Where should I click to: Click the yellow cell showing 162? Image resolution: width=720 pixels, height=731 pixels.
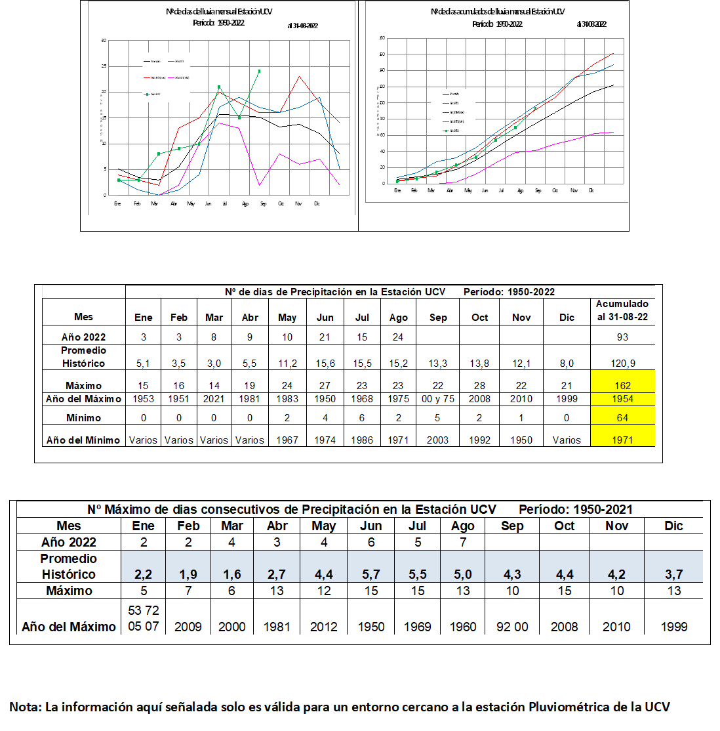[x=622, y=385]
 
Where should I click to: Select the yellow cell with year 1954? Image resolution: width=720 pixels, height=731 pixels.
[x=622, y=399]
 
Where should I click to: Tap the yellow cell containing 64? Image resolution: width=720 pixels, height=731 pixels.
[x=622, y=417]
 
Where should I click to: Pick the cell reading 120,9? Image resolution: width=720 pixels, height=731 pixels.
[x=622, y=364]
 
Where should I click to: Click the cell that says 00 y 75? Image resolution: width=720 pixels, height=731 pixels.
[x=437, y=399]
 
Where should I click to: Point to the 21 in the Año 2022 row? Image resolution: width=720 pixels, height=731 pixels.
[x=325, y=337]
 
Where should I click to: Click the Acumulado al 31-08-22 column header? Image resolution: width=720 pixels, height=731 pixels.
[x=622, y=310]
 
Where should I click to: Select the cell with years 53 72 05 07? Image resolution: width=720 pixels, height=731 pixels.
[x=144, y=618]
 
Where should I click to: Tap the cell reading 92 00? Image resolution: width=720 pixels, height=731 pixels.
[x=512, y=627]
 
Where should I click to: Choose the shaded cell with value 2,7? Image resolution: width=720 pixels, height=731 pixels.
[x=277, y=574]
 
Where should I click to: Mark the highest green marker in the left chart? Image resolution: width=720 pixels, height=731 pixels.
[x=260, y=71]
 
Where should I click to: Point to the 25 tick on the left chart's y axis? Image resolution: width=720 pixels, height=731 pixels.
[x=104, y=66]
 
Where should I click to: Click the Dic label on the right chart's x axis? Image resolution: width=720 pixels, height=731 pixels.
[x=591, y=190]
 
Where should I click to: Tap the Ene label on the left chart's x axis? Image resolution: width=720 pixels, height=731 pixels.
[x=118, y=203]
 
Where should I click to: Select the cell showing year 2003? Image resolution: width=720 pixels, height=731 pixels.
[x=437, y=440]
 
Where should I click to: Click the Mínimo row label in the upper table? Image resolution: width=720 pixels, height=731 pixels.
[x=83, y=417]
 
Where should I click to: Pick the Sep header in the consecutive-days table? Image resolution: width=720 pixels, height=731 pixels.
[x=512, y=526]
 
